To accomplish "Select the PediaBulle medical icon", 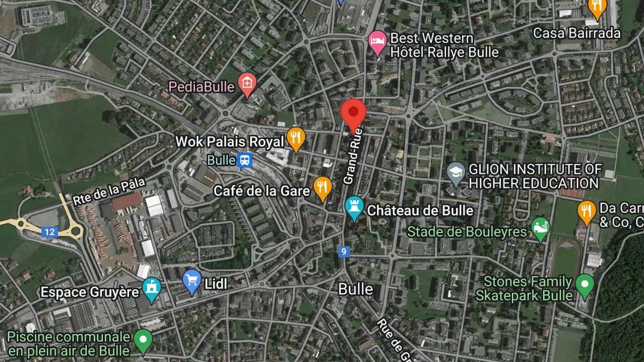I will pos(246,83).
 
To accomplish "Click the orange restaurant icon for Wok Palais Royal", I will pos(296,138).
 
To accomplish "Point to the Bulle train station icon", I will pos(245,160).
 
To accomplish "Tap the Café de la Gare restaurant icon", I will pos(322,187).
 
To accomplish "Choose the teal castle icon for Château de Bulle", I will pos(355,207).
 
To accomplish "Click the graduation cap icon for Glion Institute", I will pos(456,173).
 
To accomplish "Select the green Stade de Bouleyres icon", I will pos(541,228).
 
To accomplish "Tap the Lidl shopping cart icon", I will pos(192,281).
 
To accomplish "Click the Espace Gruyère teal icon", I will pos(151,289).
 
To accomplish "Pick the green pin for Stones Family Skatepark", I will pos(585,285).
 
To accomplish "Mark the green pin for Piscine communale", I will pos(143,340).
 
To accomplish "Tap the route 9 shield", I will pos(343,252).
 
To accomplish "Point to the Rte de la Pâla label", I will pos(109,192).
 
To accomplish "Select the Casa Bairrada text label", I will pos(577,33).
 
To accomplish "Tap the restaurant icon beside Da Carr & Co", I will pos(586,211).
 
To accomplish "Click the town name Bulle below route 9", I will pos(356,289).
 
